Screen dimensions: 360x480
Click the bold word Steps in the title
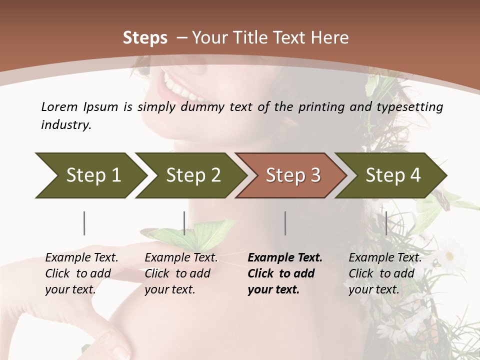(x=145, y=38)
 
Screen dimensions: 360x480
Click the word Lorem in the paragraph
(x=59, y=106)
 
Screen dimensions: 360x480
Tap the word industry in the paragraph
(x=65, y=125)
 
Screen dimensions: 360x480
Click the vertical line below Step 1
(x=84, y=223)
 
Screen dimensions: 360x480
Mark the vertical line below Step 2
(x=184, y=223)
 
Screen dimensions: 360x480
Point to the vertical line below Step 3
(x=285, y=223)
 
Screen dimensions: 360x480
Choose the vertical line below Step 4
(x=386, y=223)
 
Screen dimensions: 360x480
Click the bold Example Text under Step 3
(x=285, y=258)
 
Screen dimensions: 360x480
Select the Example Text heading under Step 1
(x=81, y=258)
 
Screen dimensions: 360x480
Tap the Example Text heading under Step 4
(x=385, y=258)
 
